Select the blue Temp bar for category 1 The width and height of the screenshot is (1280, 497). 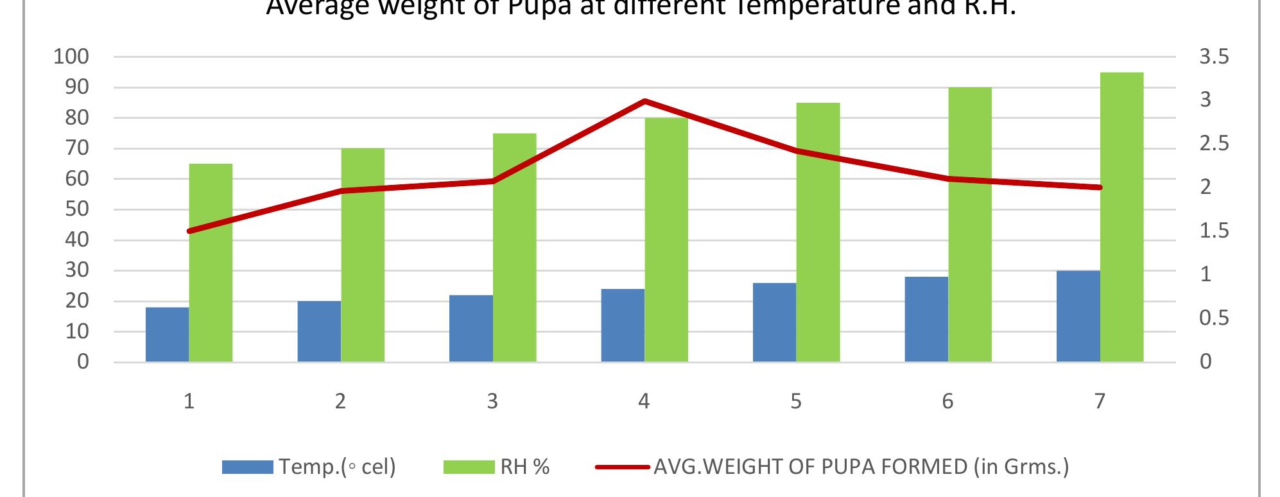tap(167, 335)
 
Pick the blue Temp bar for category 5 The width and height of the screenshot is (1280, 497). tap(774, 322)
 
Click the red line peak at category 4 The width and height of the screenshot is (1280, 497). tap(644, 101)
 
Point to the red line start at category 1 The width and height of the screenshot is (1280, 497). tap(189, 231)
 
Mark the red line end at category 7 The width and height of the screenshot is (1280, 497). tap(1100, 187)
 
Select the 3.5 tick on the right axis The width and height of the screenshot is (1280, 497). tap(1213, 57)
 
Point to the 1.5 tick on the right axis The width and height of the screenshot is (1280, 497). tap(1213, 231)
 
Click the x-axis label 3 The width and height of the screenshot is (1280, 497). tap(492, 401)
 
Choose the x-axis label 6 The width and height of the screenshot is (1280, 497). tap(947, 401)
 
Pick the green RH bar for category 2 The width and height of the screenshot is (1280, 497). tap(363, 255)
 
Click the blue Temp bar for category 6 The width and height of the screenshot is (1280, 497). tap(926, 319)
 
